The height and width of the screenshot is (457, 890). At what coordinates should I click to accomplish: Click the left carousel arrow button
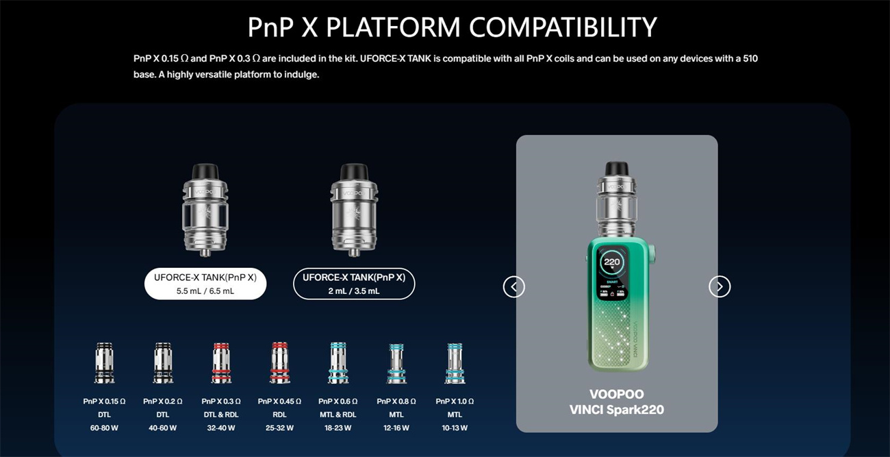click(514, 286)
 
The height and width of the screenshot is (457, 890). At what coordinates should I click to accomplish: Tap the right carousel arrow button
click(720, 286)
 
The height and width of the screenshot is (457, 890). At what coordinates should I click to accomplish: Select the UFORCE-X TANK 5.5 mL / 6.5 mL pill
click(205, 284)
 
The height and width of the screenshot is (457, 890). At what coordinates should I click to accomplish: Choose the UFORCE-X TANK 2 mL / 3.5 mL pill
click(354, 284)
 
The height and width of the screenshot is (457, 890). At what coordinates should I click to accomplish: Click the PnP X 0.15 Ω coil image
click(104, 363)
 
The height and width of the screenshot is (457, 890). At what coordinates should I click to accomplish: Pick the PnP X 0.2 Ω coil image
click(163, 363)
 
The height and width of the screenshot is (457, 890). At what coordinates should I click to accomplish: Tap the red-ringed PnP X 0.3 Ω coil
click(222, 363)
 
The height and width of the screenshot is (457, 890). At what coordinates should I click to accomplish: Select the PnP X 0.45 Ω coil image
click(281, 363)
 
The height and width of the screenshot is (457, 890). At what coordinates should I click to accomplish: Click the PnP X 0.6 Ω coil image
click(338, 363)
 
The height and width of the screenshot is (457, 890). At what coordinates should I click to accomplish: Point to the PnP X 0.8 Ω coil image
click(396, 363)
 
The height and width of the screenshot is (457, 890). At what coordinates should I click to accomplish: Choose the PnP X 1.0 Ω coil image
click(455, 363)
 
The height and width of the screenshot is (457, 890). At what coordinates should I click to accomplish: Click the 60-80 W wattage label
click(104, 428)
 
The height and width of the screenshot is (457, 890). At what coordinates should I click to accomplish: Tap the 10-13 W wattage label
click(455, 428)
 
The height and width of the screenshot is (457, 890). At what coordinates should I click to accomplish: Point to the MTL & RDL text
click(338, 415)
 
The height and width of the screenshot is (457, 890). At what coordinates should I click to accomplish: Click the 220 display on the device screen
click(611, 262)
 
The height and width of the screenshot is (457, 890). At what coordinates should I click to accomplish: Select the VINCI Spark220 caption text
click(617, 410)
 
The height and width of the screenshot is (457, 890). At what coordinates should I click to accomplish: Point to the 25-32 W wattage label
click(281, 428)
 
